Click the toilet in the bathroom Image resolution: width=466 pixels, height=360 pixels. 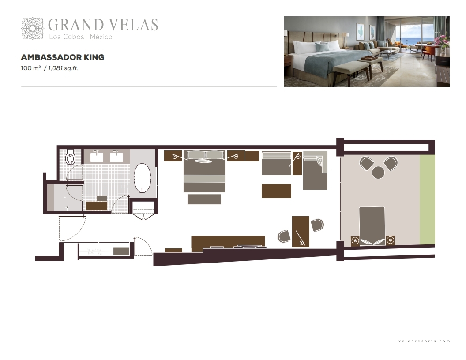click(70, 157)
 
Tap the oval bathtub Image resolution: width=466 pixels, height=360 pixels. click(143, 178)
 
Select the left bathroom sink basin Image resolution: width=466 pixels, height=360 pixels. click(97, 157)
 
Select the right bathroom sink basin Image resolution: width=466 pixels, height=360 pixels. click(116, 157)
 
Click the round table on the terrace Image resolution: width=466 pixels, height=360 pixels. click(378, 172)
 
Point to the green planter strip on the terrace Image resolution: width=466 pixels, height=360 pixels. click(427, 200)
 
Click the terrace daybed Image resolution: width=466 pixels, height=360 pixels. click(372, 226)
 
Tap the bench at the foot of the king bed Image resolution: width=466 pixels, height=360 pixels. click(204, 199)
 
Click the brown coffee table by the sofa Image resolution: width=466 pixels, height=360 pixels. click(276, 191)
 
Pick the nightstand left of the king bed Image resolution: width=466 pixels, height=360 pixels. click(173, 156)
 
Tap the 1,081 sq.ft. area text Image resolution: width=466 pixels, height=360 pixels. click(63, 68)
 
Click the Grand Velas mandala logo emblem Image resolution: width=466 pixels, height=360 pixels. click(33, 28)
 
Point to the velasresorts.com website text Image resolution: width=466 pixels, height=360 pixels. click(424, 341)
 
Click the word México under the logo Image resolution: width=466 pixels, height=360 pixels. click(101, 37)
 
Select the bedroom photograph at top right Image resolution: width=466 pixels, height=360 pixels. click(367, 51)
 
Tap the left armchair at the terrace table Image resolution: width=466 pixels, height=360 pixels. click(366, 163)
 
